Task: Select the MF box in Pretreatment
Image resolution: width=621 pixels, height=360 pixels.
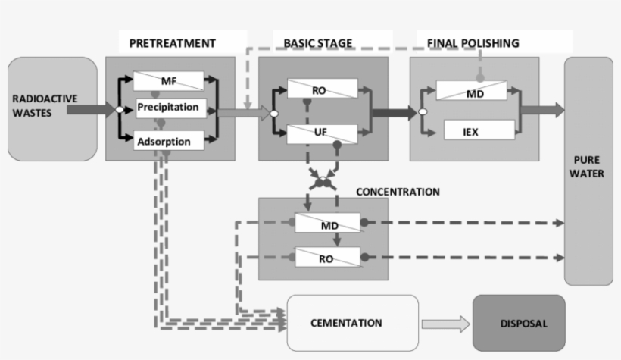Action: [168, 80]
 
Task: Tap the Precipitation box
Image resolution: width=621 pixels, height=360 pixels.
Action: [168, 108]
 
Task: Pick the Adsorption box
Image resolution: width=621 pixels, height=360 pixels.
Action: [168, 140]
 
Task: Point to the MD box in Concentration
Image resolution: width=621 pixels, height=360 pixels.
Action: [329, 223]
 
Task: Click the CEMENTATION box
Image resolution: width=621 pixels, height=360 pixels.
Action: [353, 323]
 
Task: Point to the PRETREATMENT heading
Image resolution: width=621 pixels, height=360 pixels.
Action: [172, 43]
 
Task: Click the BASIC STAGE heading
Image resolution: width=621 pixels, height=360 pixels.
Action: [318, 43]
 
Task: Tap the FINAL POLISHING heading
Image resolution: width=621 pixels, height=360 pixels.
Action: [473, 43]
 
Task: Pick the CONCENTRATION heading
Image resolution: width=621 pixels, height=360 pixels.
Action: [398, 192]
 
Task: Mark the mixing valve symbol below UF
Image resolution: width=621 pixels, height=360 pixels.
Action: [323, 182]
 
